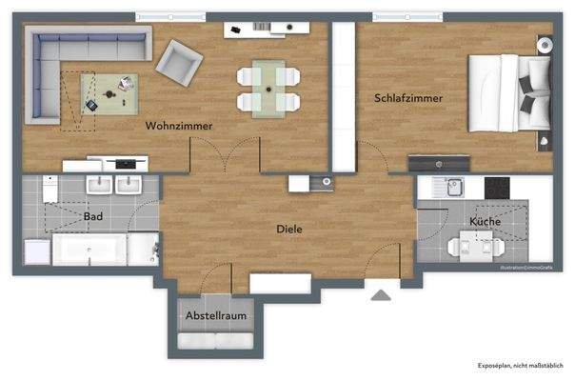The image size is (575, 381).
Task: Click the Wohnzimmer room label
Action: pyautogui.click(x=178, y=126)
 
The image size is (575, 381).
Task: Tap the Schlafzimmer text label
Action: pyautogui.click(x=408, y=98)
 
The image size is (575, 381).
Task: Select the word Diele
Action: pyautogui.click(x=289, y=229)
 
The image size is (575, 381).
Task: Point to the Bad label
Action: pyautogui.click(x=93, y=217)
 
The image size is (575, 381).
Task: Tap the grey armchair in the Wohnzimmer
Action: pyautogui.click(x=179, y=64)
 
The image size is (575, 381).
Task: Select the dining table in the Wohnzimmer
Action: pyautogui.click(x=268, y=87)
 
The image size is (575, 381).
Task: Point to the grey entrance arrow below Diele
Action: pyautogui.click(x=380, y=294)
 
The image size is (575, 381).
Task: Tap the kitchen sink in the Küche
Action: pyautogui.click(x=452, y=188)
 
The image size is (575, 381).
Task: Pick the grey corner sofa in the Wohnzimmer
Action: pyautogui.click(x=67, y=67)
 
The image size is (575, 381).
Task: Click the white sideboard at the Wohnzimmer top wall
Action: pyautogui.click(x=260, y=30)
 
